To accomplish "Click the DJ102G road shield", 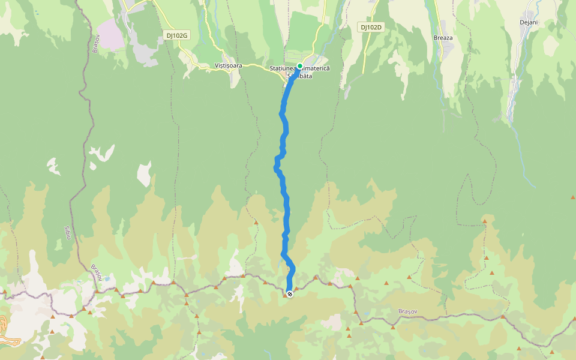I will [176, 35].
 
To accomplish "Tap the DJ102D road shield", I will [371, 27].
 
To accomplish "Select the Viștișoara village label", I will [228, 65].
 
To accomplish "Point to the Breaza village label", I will [443, 38].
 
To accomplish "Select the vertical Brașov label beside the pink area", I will [95, 44].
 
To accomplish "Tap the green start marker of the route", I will [299, 67].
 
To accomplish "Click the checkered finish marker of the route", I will [290, 294].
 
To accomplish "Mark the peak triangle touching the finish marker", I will [284, 295].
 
